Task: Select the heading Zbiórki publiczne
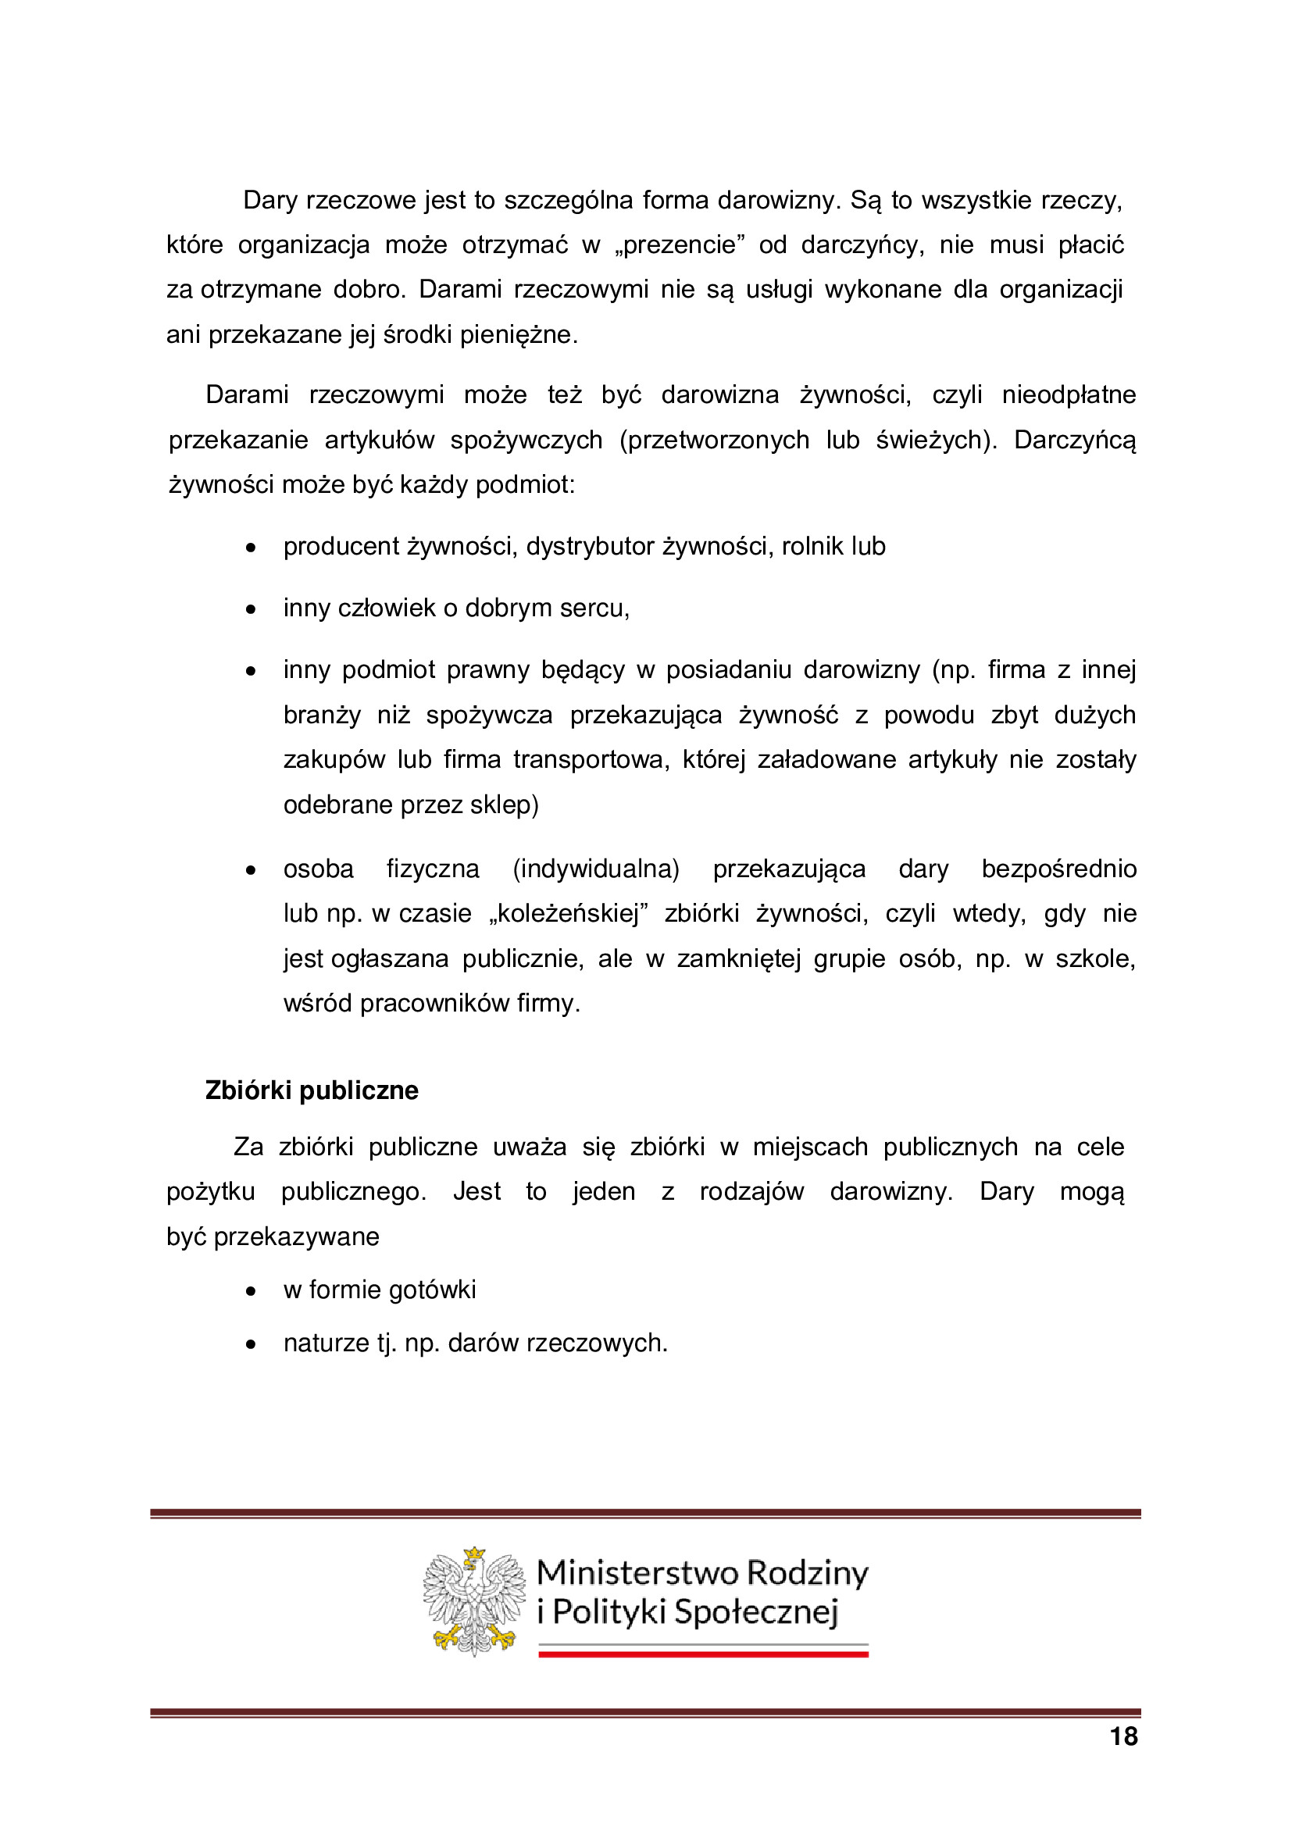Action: (311, 1090)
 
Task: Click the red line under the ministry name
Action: (703, 1654)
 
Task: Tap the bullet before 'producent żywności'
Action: (251, 548)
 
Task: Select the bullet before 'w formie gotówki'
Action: (251, 1291)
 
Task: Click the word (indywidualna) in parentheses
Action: (596, 868)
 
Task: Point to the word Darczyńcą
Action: (1075, 440)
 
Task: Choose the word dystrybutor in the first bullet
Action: (591, 547)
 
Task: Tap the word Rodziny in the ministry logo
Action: (808, 1573)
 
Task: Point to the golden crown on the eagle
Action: (474, 1554)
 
